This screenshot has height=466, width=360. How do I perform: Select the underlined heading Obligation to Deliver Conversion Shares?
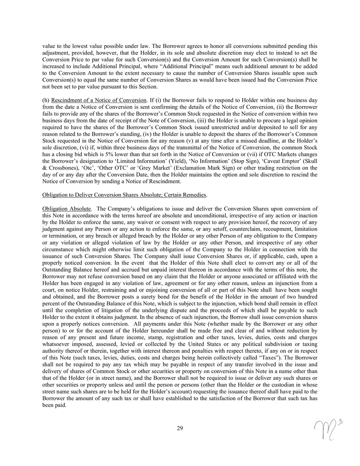coord(125,194)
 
